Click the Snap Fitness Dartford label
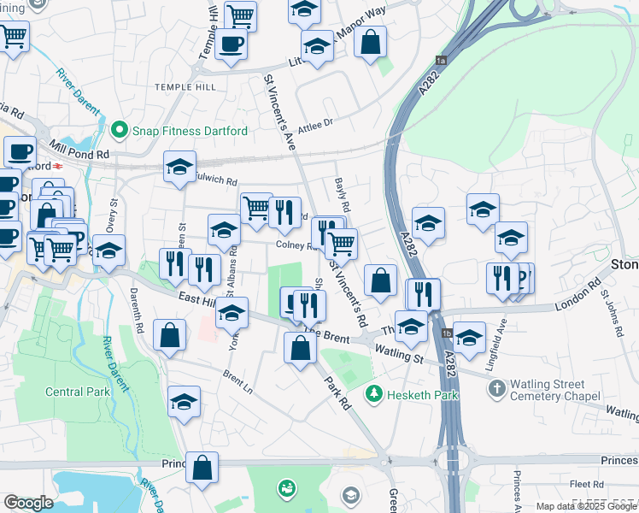pos(190,131)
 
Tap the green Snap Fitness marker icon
pos(120,131)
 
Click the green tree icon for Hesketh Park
pos(373,394)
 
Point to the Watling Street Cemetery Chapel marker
pos(497,389)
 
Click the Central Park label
pos(77,392)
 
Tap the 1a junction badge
pos(441,60)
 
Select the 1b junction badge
pos(446,333)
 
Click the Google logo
pos(28,503)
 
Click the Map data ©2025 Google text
pos(586,506)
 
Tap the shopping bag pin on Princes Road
pos(202,468)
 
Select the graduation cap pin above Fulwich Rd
pos(180,167)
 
